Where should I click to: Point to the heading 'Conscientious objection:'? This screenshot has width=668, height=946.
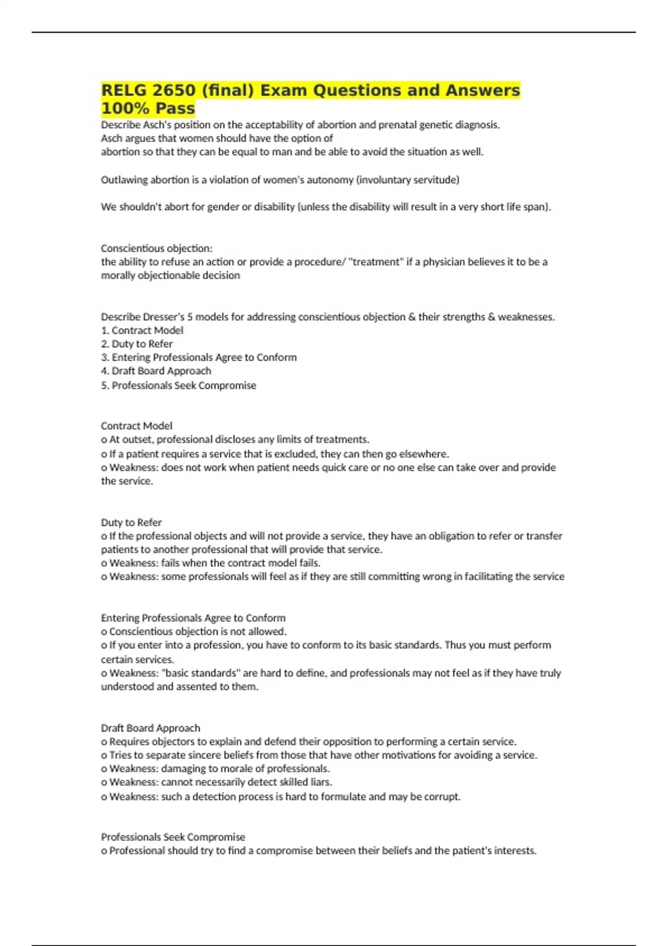156,248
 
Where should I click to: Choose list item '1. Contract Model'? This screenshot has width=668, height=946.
142,330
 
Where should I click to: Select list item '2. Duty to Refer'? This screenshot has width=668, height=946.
137,344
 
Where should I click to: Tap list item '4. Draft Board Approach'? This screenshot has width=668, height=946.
156,371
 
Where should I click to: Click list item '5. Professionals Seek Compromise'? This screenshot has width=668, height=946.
178,385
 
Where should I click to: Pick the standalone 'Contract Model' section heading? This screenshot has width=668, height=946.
136,426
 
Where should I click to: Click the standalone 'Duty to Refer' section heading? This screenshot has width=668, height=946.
131,523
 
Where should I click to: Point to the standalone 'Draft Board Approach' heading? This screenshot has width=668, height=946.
150,728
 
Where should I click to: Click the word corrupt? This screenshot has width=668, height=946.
444,796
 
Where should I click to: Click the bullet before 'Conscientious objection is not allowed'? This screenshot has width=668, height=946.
104,632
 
